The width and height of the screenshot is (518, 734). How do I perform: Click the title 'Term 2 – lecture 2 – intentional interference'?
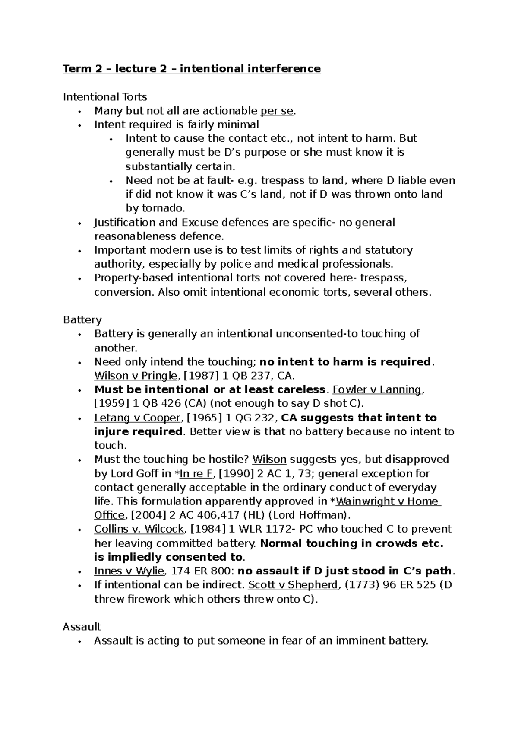192,69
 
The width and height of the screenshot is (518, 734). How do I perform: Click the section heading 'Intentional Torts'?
105,97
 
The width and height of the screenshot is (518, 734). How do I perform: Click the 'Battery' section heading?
82,320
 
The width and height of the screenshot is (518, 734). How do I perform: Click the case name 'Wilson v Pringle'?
136,376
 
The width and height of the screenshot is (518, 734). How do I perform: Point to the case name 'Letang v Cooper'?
137,418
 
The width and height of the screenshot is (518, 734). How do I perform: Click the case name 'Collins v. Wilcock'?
139,529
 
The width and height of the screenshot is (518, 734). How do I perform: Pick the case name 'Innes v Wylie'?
129,571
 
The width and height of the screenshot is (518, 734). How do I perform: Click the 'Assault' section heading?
82,627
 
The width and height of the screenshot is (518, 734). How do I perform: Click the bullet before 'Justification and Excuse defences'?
79,223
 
